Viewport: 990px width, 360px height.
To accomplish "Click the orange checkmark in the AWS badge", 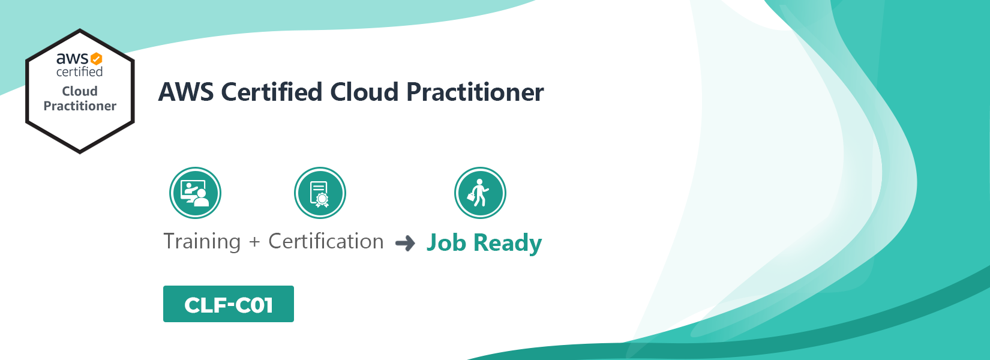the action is click(x=97, y=58).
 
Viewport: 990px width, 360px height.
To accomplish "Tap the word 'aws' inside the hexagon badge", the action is click(x=73, y=58).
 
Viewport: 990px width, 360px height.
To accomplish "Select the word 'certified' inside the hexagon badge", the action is click(x=80, y=71).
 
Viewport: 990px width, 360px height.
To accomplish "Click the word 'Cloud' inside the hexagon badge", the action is click(x=80, y=91).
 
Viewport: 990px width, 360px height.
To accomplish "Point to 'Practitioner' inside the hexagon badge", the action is click(x=80, y=106).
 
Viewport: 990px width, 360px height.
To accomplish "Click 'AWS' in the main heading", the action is click(x=186, y=92).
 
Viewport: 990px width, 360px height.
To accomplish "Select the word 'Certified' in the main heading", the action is click(x=271, y=92).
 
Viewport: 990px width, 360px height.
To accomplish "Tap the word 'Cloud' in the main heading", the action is click(x=364, y=92).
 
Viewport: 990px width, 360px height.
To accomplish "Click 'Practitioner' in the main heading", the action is click(x=475, y=92).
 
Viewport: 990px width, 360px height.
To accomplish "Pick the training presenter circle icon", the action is click(x=195, y=193).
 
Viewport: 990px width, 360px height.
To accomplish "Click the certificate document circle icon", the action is click(x=320, y=193).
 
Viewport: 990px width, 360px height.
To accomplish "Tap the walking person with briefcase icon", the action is click(x=480, y=193).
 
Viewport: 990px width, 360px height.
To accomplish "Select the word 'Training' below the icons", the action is click(x=202, y=242).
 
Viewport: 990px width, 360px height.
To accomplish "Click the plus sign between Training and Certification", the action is click(x=254, y=242).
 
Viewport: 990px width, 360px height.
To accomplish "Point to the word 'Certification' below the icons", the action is click(x=326, y=241).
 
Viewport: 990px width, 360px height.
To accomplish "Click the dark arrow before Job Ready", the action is click(x=405, y=243).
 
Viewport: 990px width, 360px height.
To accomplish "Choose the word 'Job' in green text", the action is click(x=446, y=242).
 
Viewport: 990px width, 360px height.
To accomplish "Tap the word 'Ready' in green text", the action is click(x=508, y=244).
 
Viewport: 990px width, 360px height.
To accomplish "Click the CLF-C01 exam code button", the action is click(x=229, y=304).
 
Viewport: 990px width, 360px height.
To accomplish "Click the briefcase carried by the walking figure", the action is click(x=472, y=196).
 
